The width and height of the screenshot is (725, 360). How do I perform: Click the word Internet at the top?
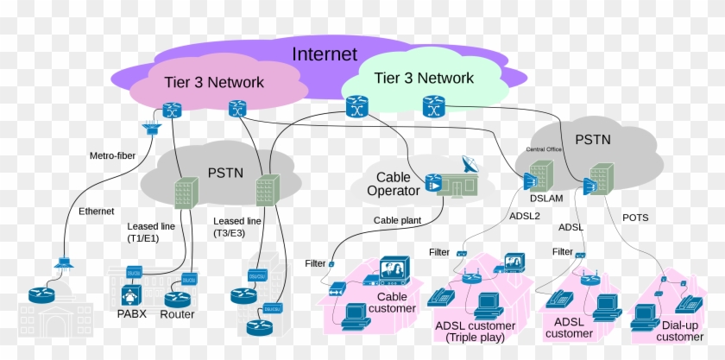(324, 54)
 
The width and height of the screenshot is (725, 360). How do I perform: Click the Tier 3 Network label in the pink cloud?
(214, 82)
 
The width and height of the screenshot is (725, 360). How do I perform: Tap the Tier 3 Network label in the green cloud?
(424, 78)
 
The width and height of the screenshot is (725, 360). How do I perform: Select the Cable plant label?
(397, 220)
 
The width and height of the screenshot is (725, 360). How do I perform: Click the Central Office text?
(545, 148)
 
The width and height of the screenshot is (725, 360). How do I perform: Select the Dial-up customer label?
(679, 331)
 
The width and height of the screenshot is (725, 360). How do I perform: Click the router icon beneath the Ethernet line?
(41, 294)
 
